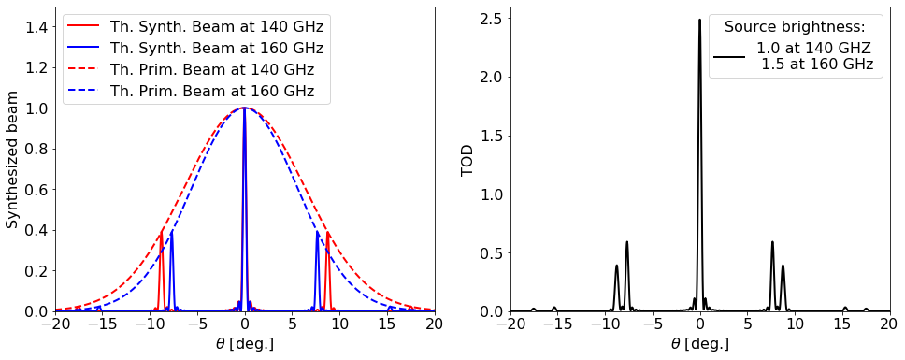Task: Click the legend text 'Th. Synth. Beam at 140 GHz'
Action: (216, 27)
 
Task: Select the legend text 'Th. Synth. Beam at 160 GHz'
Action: (216, 49)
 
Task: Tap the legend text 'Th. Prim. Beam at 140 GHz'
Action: (212, 70)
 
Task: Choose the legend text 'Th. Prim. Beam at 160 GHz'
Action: (212, 92)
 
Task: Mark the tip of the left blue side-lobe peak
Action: (171, 231)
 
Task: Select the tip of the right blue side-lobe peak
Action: (317, 231)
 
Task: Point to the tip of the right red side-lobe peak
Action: (327, 231)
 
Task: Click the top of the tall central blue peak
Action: (244, 108)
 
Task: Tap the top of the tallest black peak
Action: (699, 20)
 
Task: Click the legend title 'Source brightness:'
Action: (795, 27)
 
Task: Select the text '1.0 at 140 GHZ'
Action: (813, 49)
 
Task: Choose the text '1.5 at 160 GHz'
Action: (816, 65)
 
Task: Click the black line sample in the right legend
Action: (729, 57)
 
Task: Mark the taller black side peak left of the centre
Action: (626, 242)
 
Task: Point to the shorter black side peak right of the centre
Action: (783, 266)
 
